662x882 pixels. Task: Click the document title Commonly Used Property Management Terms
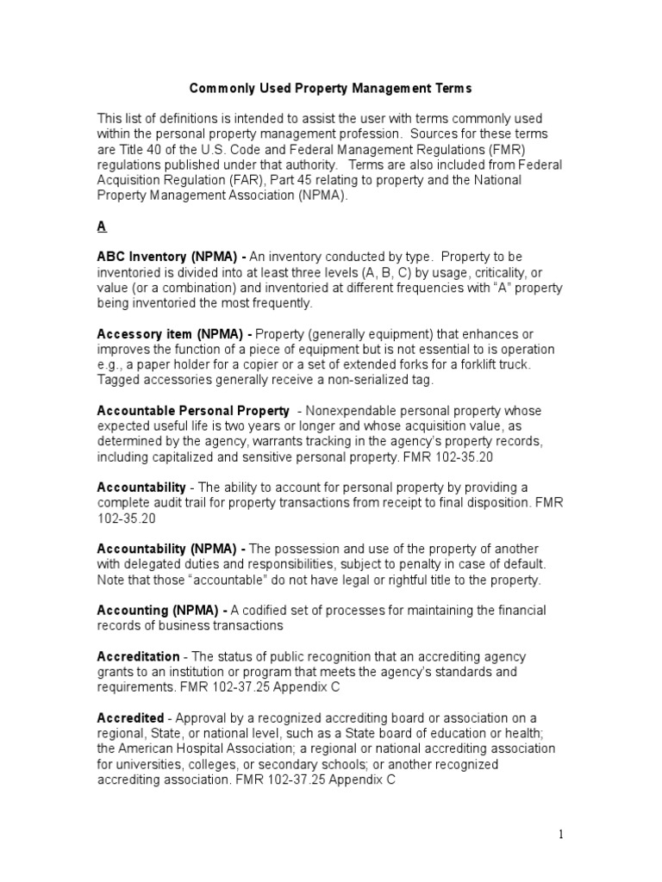pos(330,88)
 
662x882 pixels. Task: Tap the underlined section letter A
pos(102,227)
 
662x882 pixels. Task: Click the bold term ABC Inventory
pos(141,258)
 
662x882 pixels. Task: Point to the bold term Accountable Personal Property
pos(192,411)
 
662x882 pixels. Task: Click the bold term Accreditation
pos(138,657)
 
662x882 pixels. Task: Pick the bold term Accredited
pos(130,718)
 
